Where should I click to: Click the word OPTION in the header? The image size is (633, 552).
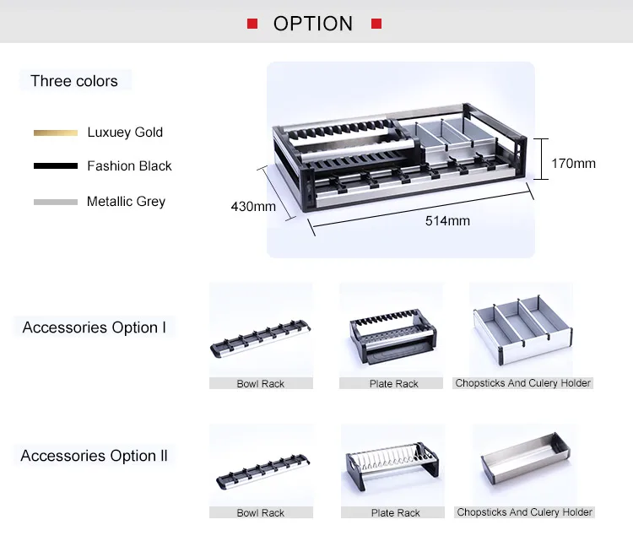tap(313, 24)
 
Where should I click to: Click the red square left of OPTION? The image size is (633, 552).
tap(252, 24)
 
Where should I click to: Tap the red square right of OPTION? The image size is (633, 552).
tap(376, 24)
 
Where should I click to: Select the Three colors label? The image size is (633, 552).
tap(74, 81)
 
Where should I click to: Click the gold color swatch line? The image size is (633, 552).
tap(56, 133)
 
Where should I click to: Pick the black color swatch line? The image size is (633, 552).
tap(56, 166)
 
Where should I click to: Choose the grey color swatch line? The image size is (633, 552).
tap(56, 202)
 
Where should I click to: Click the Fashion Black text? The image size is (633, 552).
tap(129, 166)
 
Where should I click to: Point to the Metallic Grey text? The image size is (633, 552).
tap(126, 202)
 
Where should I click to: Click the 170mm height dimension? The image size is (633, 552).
tap(573, 163)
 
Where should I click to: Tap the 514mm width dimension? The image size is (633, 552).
tap(446, 221)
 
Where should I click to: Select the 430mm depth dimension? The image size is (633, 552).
tap(253, 206)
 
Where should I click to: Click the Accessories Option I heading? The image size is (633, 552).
tap(95, 327)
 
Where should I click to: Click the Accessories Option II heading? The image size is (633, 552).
tap(94, 456)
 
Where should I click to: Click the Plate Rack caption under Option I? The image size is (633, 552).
tap(394, 384)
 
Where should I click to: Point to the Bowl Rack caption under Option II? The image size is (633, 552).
tap(261, 512)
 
